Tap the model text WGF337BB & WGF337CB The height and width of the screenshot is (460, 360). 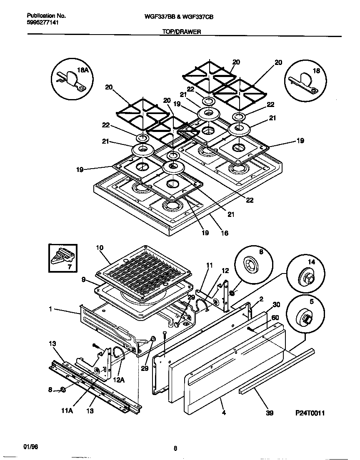pyautogui.click(x=180, y=17)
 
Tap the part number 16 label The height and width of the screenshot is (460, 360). pyautogui.click(x=224, y=233)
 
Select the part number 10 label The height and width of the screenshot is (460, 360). pyautogui.click(x=99, y=248)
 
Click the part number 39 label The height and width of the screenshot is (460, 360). pyautogui.click(x=270, y=413)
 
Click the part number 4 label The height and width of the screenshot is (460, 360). pyautogui.click(x=224, y=413)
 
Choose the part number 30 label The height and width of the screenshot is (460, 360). pyautogui.click(x=275, y=304)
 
